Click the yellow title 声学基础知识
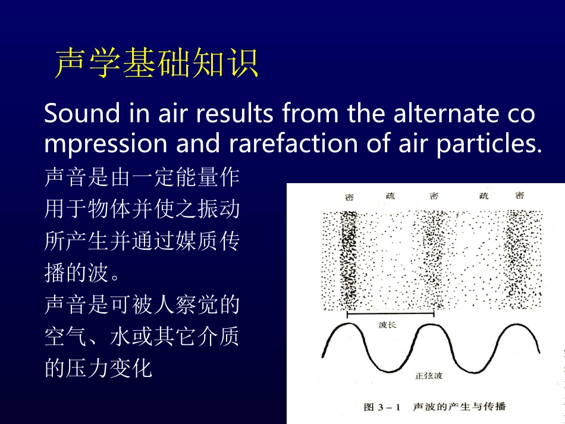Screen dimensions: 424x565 tap(156, 64)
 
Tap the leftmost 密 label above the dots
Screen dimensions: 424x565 tap(349, 197)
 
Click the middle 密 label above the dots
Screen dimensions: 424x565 tap(434, 196)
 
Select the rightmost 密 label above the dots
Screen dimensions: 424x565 tap(519, 195)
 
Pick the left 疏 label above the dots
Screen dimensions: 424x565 tap(390, 196)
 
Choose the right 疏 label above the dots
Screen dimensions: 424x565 tap(484, 196)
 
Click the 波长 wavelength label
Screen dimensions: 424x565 tap(387, 325)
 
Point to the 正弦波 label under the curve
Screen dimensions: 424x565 tap(428, 376)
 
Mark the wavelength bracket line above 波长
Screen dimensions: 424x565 tap(391, 313)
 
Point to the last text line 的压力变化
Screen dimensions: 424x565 tap(99, 369)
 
